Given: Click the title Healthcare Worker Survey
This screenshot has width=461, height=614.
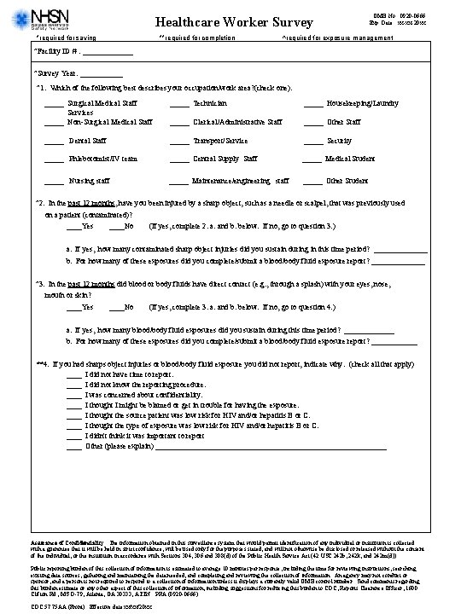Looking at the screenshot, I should pyautogui.click(x=223, y=21).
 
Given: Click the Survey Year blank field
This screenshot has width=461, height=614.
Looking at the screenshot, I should pyautogui.click(x=91, y=74).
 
